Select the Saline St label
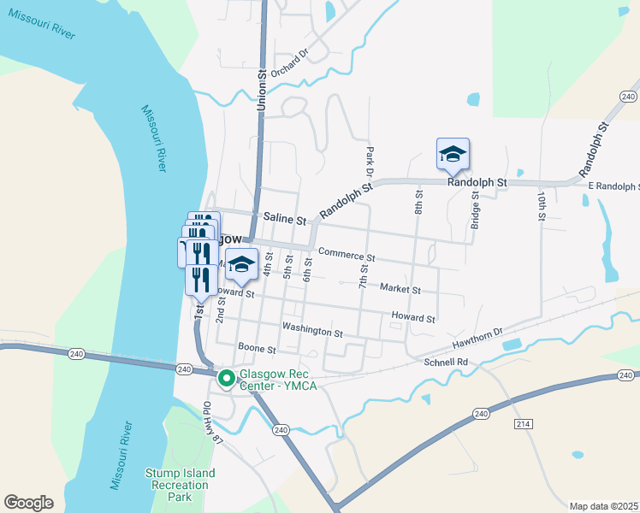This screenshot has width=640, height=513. pyautogui.click(x=285, y=219)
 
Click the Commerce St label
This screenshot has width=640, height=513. pyautogui.click(x=347, y=254)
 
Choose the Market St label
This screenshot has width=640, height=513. pyautogui.click(x=400, y=289)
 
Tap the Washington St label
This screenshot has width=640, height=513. pyautogui.click(x=311, y=330)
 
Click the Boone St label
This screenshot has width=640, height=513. pyautogui.click(x=257, y=349)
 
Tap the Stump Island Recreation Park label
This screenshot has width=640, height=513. pyautogui.click(x=179, y=485)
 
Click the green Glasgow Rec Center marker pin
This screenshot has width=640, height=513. pyautogui.click(x=227, y=378)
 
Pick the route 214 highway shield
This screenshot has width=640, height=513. pyautogui.click(x=524, y=424)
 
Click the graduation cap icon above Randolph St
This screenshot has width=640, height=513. pyautogui.click(x=453, y=154)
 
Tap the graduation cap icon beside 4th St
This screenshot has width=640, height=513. pyautogui.click(x=242, y=264)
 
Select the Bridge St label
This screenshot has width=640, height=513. pyautogui.click(x=475, y=210)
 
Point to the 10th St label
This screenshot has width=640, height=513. pyautogui.click(x=542, y=206)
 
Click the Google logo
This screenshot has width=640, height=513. pyautogui.click(x=28, y=503)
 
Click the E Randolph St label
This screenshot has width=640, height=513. pyautogui.click(x=613, y=186)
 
